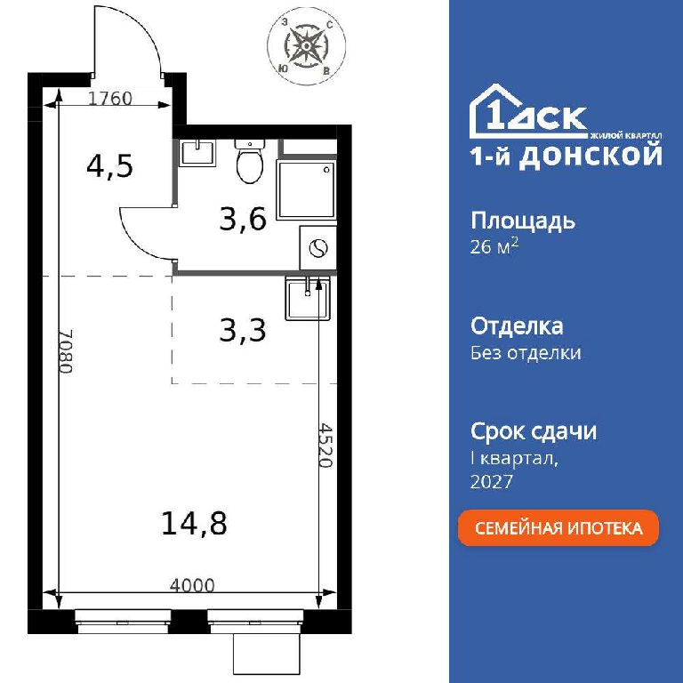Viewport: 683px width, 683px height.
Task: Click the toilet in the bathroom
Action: tap(250, 161)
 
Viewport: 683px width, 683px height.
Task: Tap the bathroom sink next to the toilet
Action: tap(197, 152)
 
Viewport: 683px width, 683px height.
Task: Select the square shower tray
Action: tap(306, 189)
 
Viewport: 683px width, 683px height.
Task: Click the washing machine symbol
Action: tap(318, 248)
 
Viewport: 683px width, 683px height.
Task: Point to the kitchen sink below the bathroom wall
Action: tap(308, 299)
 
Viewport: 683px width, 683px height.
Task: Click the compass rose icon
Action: tap(306, 45)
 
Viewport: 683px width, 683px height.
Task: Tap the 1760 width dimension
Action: tap(109, 99)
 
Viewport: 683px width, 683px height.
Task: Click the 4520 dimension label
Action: tap(325, 445)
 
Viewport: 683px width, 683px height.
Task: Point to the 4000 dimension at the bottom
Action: tap(192, 585)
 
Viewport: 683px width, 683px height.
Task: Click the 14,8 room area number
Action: tap(194, 523)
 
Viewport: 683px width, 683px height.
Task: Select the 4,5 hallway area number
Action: tap(109, 166)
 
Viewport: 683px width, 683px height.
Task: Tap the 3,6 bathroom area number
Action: tap(243, 219)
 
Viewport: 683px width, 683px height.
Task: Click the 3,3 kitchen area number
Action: tap(242, 330)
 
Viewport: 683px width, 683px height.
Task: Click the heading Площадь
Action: tap(523, 221)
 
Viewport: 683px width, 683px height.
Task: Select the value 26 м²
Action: tap(494, 246)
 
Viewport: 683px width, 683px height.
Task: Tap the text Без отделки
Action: tap(526, 352)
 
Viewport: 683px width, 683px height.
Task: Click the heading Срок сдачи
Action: tap(534, 431)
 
